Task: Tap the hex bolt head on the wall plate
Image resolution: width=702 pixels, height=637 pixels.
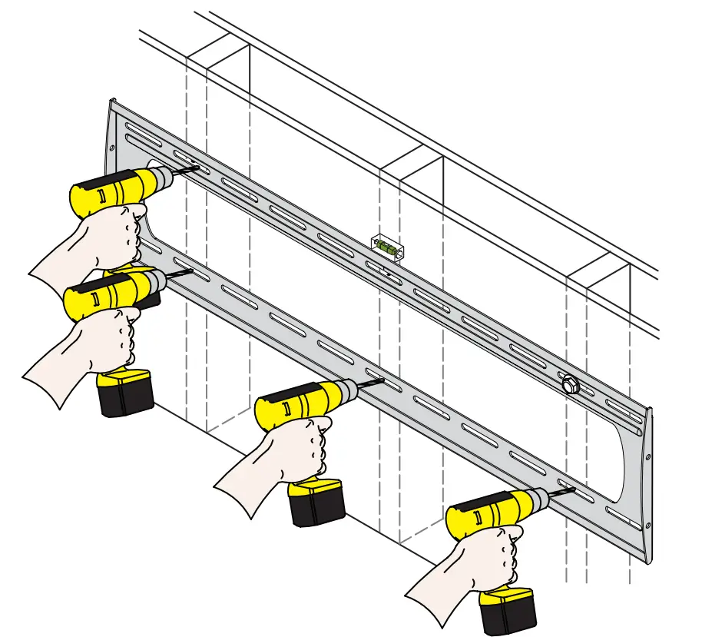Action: coord(569,383)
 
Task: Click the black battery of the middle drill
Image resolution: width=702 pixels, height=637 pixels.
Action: coord(316,503)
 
